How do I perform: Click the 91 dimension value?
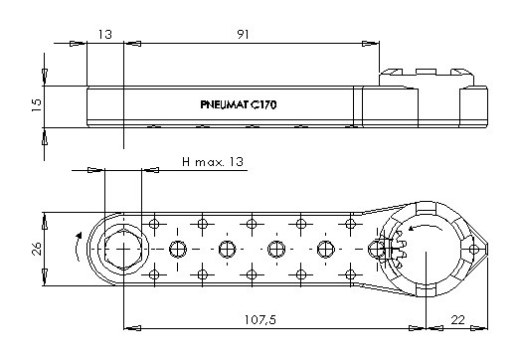[x=243, y=34]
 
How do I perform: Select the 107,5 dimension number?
[x=260, y=320]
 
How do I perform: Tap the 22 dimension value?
[x=457, y=320]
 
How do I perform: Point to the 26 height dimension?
[x=37, y=249]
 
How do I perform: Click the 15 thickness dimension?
[x=37, y=104]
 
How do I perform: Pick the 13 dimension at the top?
[x=105, y=34]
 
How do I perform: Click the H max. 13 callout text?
[x=213, y=162]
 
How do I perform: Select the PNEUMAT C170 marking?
[x=239, y=104]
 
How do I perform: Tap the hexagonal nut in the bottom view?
[x=123, y=249]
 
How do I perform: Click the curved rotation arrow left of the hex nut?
[x=78, y=247]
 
